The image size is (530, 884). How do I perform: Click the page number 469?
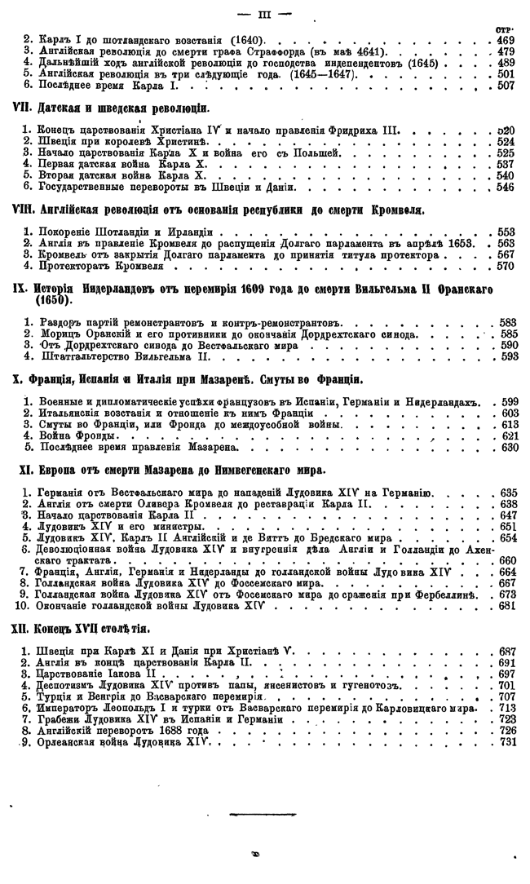click(x=506, y=39)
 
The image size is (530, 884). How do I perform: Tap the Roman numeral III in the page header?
click(x=263, y=12)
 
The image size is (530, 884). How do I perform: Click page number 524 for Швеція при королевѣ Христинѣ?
click(x=506, y=141)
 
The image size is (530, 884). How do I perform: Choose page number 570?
click(x=506, y=265)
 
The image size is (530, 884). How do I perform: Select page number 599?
click(x=506, y=403)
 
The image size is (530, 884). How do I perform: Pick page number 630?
click(x=506, y=449)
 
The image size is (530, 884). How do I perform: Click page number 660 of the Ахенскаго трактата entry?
click(x=506, y=559)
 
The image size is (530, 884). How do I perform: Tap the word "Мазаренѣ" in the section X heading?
click(x=236, y=380)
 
